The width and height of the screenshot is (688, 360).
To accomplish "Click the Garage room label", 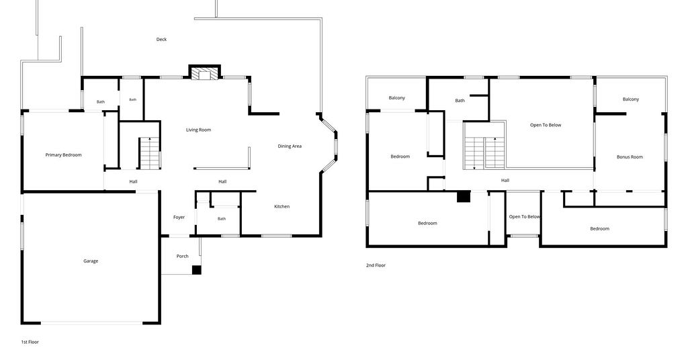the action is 91,261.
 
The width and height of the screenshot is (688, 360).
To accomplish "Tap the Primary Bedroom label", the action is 64,154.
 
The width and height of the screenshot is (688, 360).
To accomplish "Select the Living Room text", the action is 198,130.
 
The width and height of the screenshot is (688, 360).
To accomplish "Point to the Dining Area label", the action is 290,146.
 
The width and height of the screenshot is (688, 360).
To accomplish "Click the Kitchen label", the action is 282,206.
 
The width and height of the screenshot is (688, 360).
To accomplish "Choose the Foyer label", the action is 179,217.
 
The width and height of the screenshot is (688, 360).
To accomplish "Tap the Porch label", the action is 183,256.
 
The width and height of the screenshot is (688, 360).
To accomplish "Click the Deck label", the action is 161,40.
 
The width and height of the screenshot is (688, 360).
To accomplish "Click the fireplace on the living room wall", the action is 204,73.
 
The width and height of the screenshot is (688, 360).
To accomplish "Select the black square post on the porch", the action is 197,270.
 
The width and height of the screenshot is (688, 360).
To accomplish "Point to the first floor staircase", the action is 150,153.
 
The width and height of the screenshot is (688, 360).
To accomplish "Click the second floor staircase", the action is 484,153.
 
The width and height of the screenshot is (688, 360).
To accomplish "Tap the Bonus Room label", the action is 630,157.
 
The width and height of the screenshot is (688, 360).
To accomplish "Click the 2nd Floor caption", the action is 376,265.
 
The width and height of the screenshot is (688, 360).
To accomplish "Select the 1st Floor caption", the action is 30,342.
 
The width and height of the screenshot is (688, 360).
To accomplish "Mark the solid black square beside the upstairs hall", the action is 464,196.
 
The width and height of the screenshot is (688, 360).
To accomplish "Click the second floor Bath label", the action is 460,101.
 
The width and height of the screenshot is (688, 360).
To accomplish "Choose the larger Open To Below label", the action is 546,125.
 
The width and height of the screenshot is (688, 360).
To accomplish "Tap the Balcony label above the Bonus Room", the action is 631,99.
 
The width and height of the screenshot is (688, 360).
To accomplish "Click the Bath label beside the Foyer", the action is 222,219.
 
